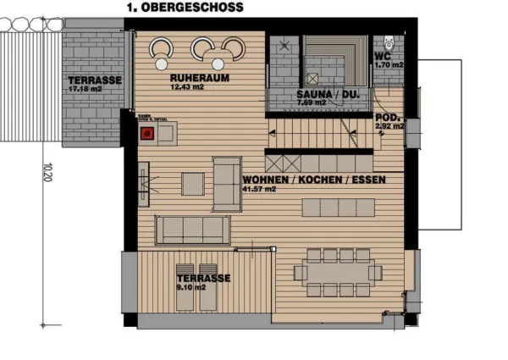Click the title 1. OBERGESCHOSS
point(185,7)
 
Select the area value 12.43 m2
point(187,87)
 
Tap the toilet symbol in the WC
point(388,41)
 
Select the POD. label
point(388,118)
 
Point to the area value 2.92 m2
point(389,127)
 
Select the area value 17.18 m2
point(85,88)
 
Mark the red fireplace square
point(146,132)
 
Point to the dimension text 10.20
point(49,174)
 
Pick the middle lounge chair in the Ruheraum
point(202,49)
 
